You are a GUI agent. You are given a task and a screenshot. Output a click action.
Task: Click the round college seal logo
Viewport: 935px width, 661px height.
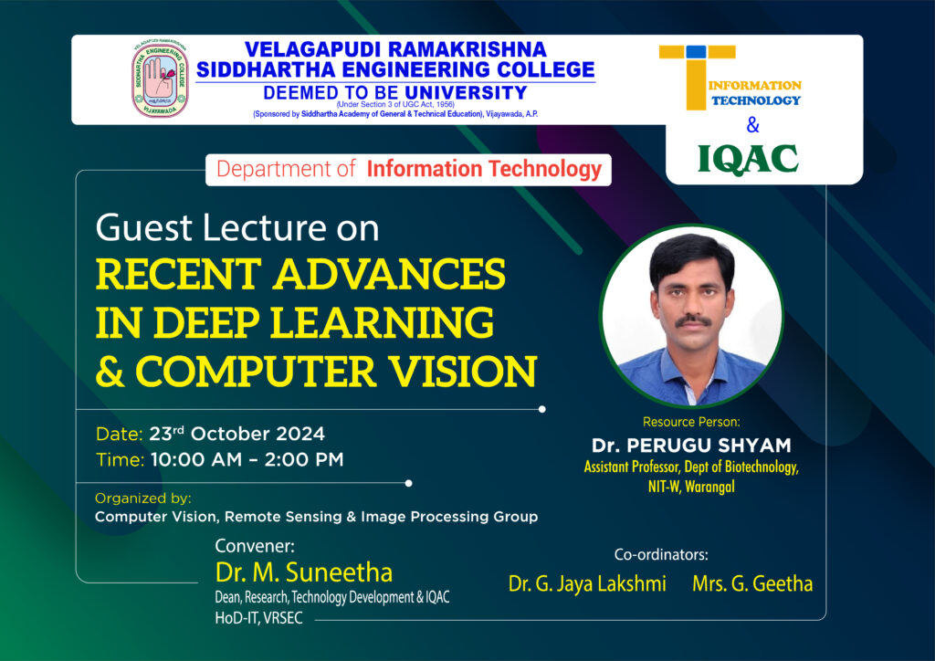160,79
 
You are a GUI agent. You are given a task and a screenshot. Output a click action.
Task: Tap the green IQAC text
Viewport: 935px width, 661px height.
748,159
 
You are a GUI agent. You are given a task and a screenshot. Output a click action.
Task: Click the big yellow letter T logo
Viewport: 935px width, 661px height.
697,78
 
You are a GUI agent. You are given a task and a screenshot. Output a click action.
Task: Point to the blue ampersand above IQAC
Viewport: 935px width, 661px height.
752,125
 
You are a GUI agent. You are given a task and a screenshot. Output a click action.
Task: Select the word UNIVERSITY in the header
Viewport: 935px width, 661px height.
466,92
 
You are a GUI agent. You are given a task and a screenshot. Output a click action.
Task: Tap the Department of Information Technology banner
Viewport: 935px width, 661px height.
408,169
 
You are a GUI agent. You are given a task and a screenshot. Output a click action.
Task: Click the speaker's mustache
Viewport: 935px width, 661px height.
693,320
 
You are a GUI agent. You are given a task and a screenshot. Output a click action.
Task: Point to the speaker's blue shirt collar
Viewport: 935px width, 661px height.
692,371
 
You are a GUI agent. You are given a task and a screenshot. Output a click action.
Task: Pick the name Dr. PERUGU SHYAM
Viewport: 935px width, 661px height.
691,446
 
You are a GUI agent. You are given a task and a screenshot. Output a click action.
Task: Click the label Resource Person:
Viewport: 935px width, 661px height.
691,422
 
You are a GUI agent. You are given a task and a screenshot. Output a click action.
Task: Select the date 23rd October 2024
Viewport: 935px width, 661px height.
236,434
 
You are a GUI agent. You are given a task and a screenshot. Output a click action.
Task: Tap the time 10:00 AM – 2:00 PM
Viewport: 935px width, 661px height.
247,459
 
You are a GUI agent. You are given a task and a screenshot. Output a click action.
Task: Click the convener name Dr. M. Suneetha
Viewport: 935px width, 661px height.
303,572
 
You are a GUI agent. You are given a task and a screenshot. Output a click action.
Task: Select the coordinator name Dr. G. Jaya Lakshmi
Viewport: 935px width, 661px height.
587,583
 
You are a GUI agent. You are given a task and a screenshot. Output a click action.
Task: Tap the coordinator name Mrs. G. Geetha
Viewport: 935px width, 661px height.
752,583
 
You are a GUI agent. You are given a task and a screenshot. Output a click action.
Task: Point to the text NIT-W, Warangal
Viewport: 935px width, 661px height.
691,487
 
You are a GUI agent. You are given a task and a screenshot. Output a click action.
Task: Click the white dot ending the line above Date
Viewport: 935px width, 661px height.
542,410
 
